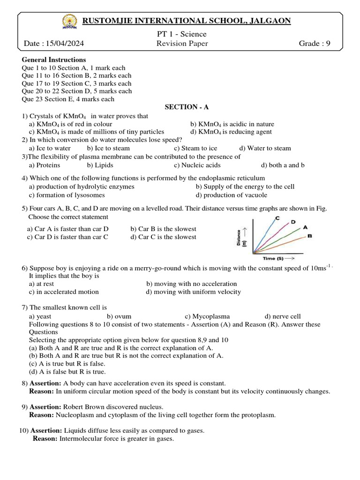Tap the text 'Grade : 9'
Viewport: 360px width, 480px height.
click(315, 44)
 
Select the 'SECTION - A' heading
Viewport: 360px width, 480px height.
click(181, 107)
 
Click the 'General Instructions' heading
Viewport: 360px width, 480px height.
click(54, 60)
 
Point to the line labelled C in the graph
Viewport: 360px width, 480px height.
click(266, 232)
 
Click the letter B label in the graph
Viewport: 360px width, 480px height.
click(310, 236)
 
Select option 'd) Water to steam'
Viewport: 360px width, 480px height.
click(265, 148)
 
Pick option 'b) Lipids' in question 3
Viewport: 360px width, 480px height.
click(100, 165)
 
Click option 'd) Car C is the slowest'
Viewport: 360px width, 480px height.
click(164, 237)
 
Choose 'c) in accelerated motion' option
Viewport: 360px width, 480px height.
click(64, 292)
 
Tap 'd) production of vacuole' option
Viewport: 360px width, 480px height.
click(232, 195)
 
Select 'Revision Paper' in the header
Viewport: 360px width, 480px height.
click(182, 44)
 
